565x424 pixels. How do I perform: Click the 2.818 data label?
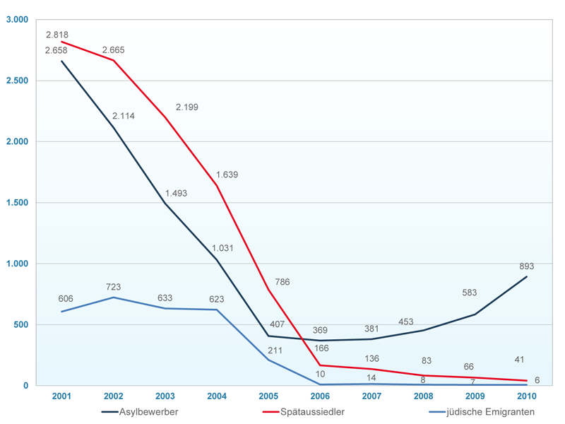point(56,34)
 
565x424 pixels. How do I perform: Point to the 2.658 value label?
point(56,50)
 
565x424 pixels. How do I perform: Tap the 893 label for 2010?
point(526,266)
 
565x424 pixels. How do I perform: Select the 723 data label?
point(114,287)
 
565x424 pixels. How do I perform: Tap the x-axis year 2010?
point(526,396)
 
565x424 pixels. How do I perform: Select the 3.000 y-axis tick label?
point(16,20)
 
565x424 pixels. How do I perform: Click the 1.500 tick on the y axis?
point(16,203)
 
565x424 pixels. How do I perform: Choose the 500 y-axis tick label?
point(20,325)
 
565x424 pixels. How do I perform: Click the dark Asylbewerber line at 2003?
point(165,204)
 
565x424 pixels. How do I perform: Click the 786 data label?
point(282,282)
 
